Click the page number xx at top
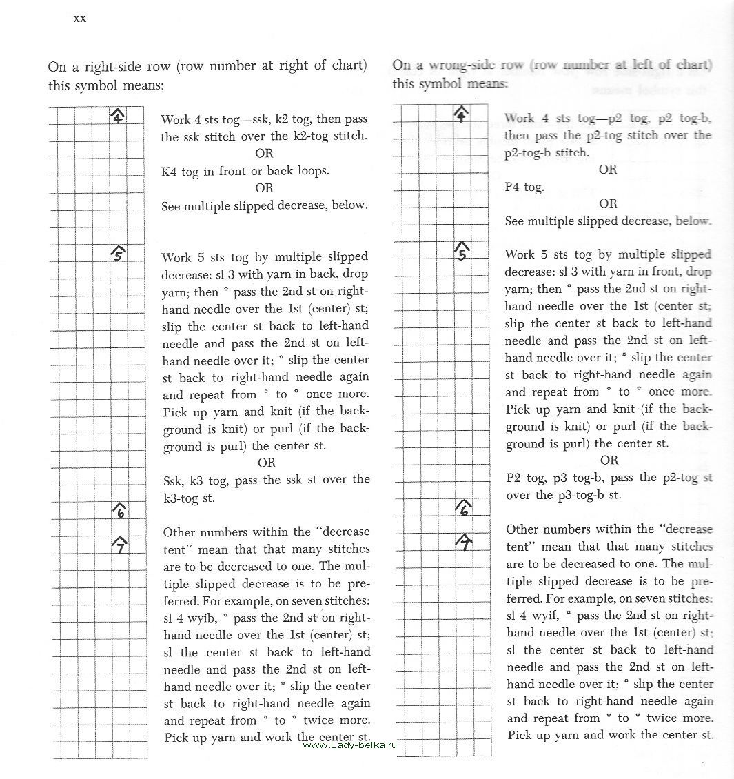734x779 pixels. [x=79, y=19]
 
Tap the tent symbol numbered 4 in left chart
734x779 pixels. [x=118, y=117]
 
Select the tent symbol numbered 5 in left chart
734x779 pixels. [x=118, y=254]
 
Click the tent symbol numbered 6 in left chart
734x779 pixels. [x=120, y=510]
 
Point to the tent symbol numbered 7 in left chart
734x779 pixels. [x=120, y=544]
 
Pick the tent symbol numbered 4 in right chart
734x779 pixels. [x=461, y=114]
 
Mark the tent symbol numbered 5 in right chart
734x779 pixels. [x=462, y=252]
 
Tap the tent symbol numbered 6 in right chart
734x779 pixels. [x=464, y=509]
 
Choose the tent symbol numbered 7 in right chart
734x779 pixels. [x=465, y=543]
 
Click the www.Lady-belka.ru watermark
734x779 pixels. [x=351, y=745]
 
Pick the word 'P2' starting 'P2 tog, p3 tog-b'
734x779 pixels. [x=513, y=478]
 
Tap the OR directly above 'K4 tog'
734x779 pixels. [x=264, y=153]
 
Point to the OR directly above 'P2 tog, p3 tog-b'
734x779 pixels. [x=609, y=461]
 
